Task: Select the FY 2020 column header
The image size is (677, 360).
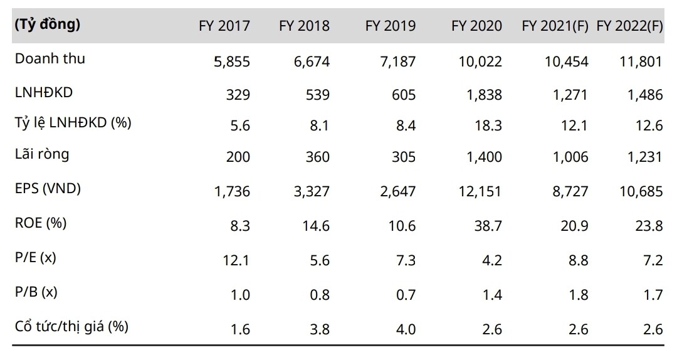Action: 477,26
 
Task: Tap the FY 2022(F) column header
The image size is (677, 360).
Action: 629,26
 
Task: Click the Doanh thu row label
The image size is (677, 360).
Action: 50,59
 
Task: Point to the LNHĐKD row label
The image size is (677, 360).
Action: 43,93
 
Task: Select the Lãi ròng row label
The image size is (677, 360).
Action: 41,155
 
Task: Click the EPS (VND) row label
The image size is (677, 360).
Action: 48,188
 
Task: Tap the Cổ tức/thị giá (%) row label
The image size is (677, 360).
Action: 73,326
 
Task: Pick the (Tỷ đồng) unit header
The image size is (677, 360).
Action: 47,25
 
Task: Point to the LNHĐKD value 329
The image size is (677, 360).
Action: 238,95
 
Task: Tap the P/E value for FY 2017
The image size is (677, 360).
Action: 237,260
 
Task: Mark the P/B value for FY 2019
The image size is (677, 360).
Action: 404,294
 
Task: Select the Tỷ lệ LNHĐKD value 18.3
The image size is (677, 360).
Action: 488,126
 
